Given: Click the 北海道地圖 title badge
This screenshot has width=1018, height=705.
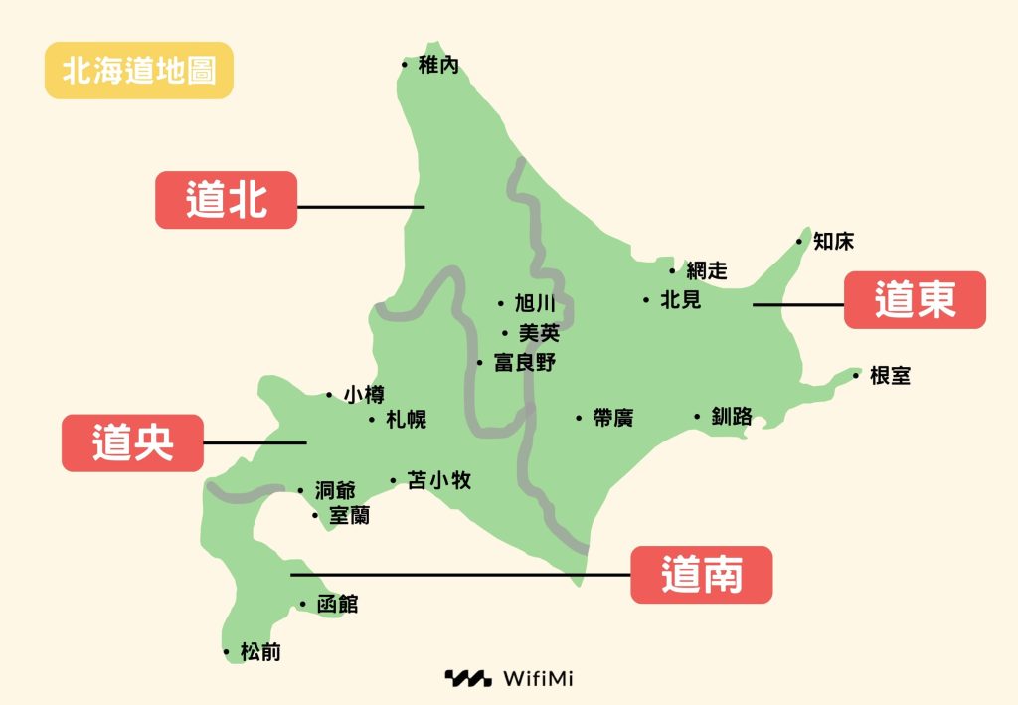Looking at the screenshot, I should [139, 71].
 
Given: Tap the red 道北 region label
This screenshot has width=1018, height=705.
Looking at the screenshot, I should [226, 200].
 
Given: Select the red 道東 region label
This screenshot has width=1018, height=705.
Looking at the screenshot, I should [915, 299].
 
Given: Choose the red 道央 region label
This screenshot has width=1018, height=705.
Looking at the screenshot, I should [132, 442].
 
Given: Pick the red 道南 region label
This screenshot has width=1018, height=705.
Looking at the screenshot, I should [702, 574].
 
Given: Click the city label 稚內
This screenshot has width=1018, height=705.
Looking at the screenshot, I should [438, 66].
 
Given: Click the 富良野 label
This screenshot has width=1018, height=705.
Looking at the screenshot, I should [524, 363].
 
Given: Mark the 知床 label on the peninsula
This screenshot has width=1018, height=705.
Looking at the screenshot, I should [833, 241].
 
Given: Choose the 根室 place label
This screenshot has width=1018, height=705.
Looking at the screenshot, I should [889, 376].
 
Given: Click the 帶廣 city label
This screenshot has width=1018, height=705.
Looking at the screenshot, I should [611, 419].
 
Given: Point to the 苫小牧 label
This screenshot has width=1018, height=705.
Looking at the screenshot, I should [439, 481].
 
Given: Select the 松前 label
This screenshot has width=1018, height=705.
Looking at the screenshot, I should [259, 652].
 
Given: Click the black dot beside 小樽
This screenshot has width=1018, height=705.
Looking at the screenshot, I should [329, 395].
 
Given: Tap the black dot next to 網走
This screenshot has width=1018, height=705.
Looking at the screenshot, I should [673, 270].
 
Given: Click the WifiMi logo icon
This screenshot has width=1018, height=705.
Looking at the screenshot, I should [467, 679].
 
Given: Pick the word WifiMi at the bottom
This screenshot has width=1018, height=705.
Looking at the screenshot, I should [538, 679].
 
